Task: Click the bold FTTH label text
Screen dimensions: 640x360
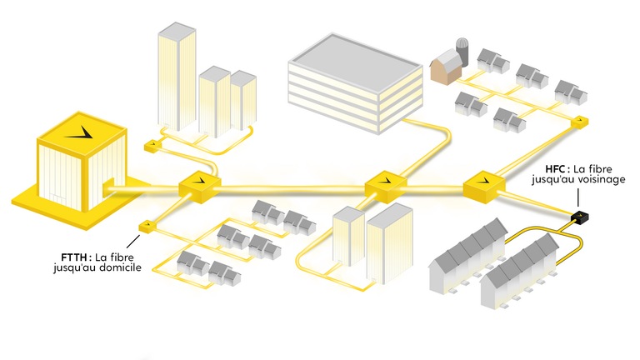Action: click(74, 257)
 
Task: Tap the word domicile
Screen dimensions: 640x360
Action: click(119, 267)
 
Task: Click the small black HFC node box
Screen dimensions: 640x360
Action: click(580, 217)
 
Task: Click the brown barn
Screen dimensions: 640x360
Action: click(446, 67)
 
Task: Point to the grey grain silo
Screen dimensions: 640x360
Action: click(462, 51)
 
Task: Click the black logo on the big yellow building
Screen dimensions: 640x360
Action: click(81, 132)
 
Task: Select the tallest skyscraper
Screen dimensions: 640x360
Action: click(177, 77)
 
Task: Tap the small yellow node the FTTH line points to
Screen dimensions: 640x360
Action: click(147, 226)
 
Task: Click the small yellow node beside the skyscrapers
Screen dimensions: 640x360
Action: click(152, 146)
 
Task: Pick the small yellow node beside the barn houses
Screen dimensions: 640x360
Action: click(580, 122)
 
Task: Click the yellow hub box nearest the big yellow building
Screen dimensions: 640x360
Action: click(200, 187)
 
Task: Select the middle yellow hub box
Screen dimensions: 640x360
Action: click(385, 187)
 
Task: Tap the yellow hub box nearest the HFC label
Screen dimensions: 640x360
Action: click(484, 187)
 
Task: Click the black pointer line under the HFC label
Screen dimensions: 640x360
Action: click(578, 198)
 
